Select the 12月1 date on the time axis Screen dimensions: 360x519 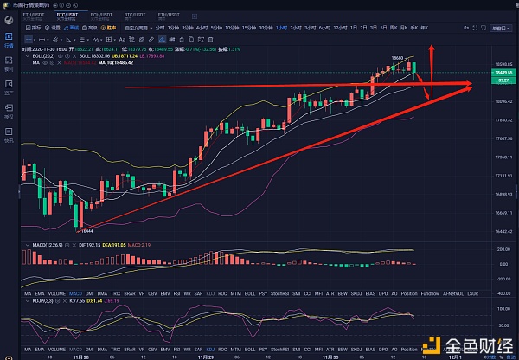(453, 352)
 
